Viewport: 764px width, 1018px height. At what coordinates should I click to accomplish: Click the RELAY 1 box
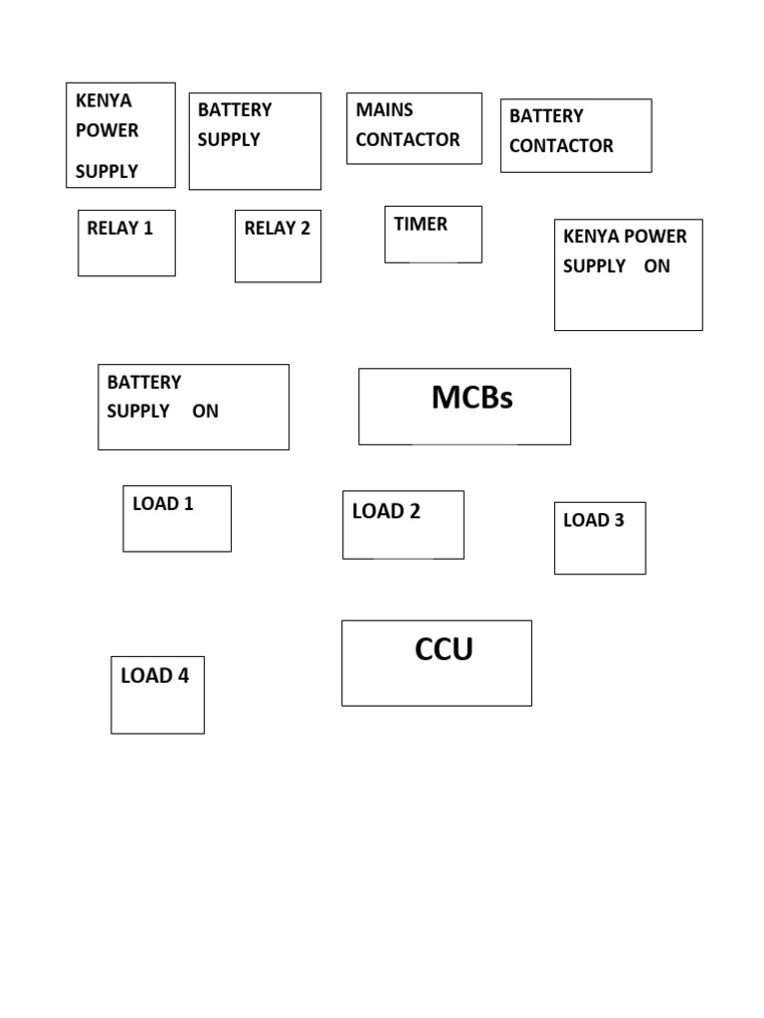pyautogui.click(x=126, y=243)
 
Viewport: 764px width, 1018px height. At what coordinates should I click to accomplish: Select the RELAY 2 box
pyautogui.click(x=278, y=246)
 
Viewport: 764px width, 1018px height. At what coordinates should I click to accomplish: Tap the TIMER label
pyautogui.click(x=421, y=225)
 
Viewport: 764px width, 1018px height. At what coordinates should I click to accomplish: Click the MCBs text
pyautogui.click(x=472, y=398)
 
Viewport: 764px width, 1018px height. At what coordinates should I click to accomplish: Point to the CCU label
pyautogui.click(x=444, y=650)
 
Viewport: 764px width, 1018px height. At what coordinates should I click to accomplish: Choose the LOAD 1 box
pyautogui.click(x=177, y=519)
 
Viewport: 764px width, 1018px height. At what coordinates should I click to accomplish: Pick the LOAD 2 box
pyautogui.click(x=403, y=525)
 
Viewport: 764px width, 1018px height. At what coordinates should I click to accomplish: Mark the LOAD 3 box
pyautogui.click(x=600, y=538)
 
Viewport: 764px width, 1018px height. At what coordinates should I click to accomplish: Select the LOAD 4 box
pyautogui.click(x=157, y=695)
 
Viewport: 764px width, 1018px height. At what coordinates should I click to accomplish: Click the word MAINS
pyautogui.click(x=384, y=110)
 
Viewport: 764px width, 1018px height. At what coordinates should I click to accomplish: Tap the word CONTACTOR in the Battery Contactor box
pyautogui.click(x=561, y=146)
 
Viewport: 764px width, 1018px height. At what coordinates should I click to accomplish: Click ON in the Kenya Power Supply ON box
pyautogui.click(x=657, y=266)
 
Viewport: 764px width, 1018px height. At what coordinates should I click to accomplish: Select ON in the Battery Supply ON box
pyautogui.click(x=205, y=412)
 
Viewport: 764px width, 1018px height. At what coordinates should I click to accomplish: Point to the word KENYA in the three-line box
pyautogui.click(x=103, y=101)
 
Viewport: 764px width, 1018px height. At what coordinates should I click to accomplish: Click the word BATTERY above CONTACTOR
pyautogui.click(x=546, y=116)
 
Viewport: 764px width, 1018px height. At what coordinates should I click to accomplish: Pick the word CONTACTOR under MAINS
pyautogui.click(x=408, y=140)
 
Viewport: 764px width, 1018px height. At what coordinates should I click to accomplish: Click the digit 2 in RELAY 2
pyautogui.click(x=304, y=229)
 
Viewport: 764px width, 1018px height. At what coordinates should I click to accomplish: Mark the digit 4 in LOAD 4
pyautogui.click(x=182, y=676)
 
